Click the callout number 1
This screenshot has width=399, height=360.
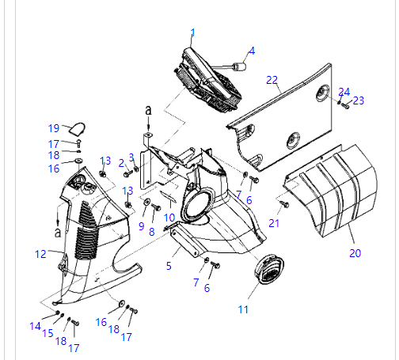[x=193, y=33]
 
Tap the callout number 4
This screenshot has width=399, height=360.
[x=252, y=51]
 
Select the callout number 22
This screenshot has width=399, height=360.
[x=272, y=80]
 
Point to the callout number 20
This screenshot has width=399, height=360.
[x=355, y=253]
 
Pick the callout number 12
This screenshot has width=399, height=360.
[x=40, y=254]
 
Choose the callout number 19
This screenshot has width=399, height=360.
[x=54, y=128]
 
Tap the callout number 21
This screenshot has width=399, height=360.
[x=274, y=223]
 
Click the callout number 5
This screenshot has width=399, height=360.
[x=169, y=266]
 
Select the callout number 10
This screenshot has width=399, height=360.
[x=169, y=218]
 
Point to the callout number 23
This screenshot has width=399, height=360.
[x=359, y=100]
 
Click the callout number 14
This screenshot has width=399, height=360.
[x=35, y=326]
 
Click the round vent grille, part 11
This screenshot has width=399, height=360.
[x=269, y=269]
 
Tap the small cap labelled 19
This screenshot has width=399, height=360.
[x=78, y=129]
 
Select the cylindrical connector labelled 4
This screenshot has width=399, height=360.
[x=240, y=66]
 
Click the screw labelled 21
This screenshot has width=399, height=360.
[x=284, y=204]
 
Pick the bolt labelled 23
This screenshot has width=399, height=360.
[x=345, y=106]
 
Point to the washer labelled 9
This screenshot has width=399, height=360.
[x=146, y=202]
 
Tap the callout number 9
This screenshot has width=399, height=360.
[x=142, y=226]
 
